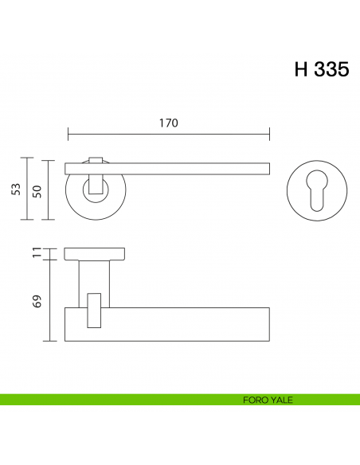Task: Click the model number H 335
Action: point(321,69)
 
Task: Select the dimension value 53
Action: point(16,189)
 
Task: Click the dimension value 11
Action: point(37,253)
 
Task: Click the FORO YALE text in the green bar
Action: point(268,400)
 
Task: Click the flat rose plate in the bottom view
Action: point(95,254)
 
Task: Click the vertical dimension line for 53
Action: point(29,189)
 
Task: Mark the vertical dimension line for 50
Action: point(49,190)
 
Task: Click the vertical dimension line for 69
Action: point(49,301)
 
